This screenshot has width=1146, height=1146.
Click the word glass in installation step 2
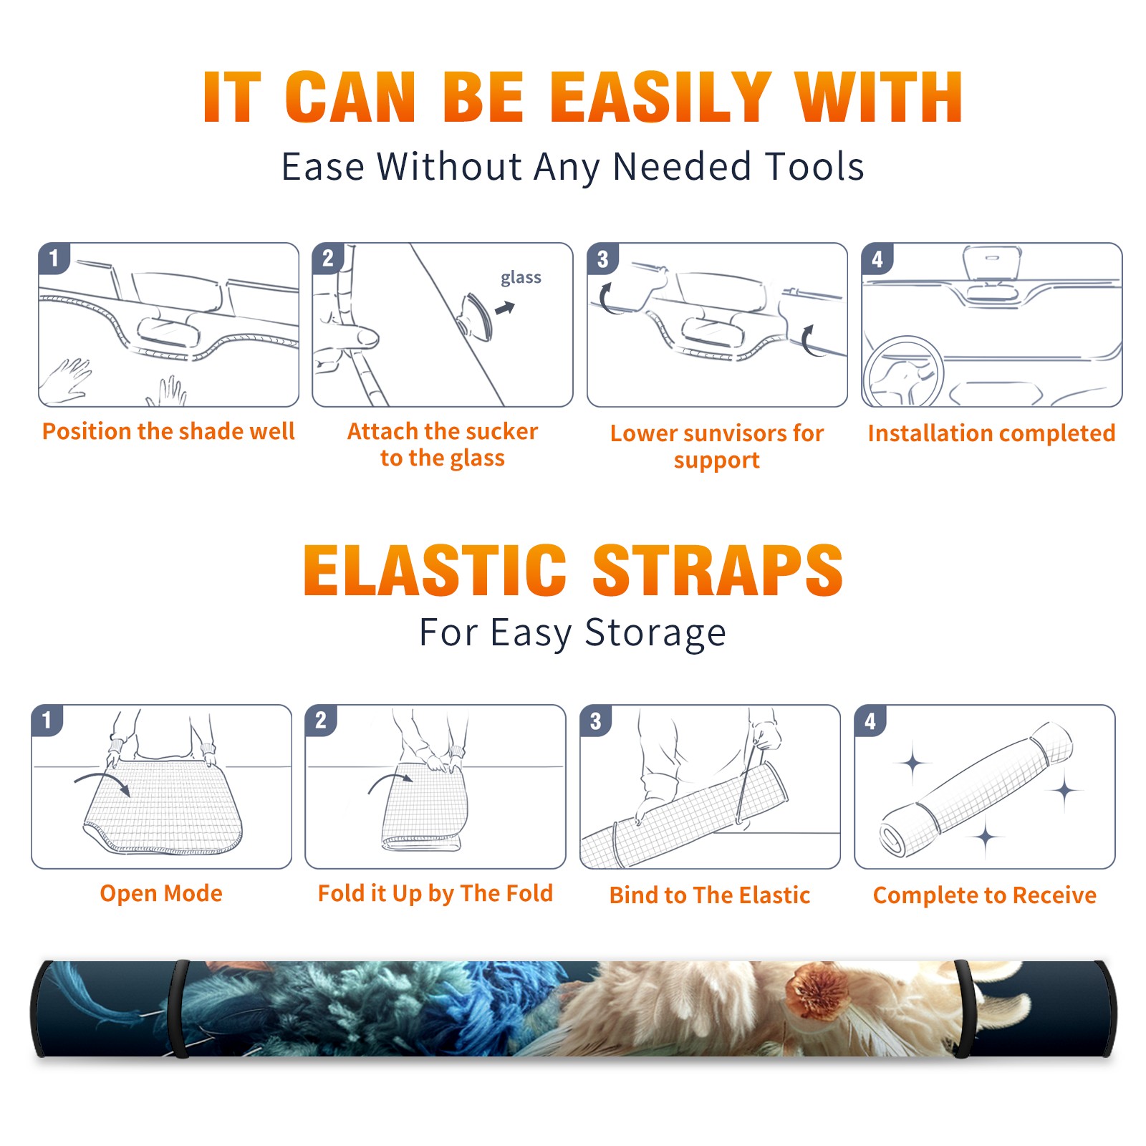521,278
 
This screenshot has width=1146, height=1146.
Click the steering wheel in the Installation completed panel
903,372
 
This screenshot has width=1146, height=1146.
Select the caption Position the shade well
168,431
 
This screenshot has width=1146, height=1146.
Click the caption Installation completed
991,433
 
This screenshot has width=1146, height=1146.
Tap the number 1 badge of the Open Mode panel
47,720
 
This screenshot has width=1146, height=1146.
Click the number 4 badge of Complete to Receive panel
870,721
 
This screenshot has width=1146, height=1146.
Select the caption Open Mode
161,893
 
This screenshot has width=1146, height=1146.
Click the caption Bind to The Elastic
710,895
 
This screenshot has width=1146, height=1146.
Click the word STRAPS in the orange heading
718,570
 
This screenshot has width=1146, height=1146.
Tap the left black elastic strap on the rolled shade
179,1008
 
